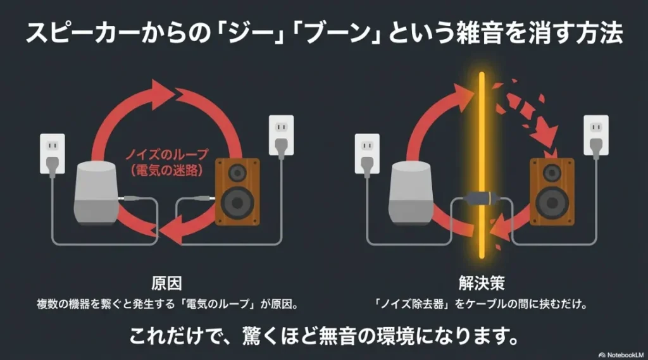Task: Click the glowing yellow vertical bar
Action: [482, 164]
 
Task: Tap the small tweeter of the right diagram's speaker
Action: [552, 172]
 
